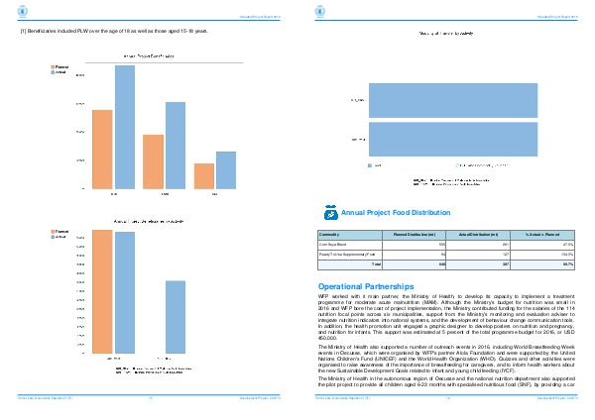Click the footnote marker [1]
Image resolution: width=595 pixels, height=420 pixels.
(24, 32)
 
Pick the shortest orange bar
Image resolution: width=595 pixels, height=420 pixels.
(203, 175)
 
